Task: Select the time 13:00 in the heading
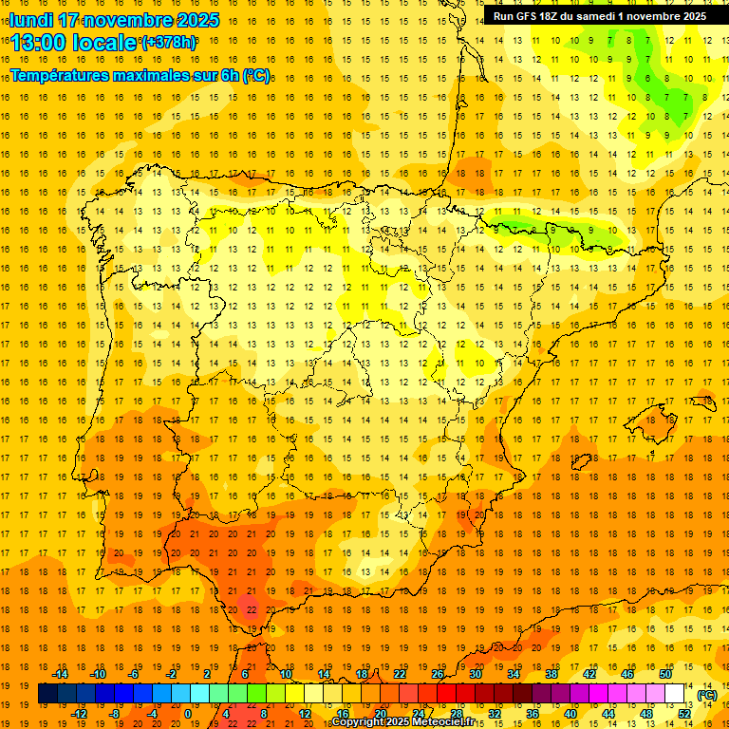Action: pos(38,43)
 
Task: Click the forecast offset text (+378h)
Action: pos(169,43)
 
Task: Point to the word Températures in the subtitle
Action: pos(61,75)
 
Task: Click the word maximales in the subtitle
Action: pos(157,75)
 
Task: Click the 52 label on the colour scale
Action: pos(684,714)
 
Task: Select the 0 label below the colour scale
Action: pos(188,714)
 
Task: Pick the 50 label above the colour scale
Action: pos(665,674)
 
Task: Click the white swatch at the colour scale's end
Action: pos(675,694)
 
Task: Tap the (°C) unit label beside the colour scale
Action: pos(707,694)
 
